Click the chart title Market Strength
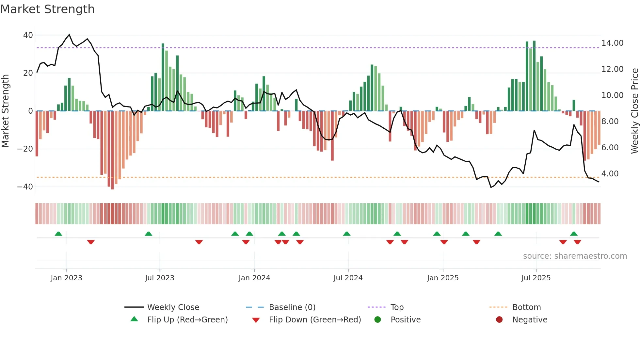coord(47,9)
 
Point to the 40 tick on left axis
coord(28,35)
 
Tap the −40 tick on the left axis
coord(25,187)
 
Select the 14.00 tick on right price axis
coord(612,43)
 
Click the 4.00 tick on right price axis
coord(610,174)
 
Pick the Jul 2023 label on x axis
coord(160,278)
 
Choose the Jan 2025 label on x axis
coord(443,278)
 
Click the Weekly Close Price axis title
coord(634,111)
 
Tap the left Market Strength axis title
coord(5,111)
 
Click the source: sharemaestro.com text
coord(575,256)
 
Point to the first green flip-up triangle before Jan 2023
coord(58,234)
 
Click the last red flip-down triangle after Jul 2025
coord(577,242)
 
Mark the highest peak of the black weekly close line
coord(69,35)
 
